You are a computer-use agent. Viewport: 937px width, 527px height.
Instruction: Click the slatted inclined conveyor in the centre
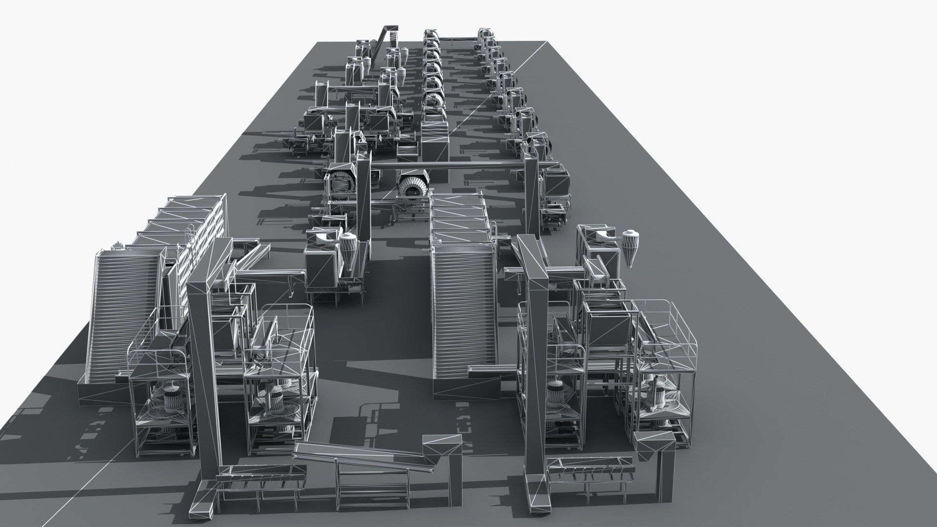463,312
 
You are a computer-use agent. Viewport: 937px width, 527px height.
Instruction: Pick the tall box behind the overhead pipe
434,139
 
